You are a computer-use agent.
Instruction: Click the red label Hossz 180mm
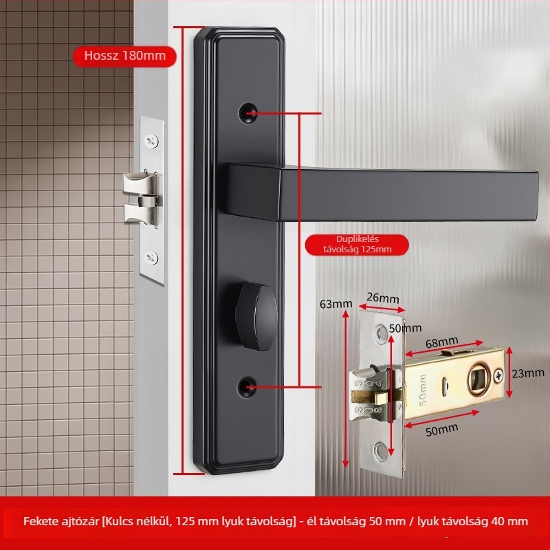[x=124, y=56]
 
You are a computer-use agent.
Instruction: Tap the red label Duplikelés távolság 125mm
[x=357, y=245]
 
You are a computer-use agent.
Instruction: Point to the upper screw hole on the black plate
[x=247, y=113]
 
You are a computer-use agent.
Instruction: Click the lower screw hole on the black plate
[x=247, y=386]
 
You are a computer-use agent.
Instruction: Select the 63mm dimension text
[x=335, y=304]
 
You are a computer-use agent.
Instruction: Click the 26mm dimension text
[x=383, y=298]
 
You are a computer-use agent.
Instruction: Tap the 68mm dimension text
[x=442, y=342]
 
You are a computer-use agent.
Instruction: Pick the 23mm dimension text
[x=528, y=373]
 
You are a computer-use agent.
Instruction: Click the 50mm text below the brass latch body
[x=442, y=430]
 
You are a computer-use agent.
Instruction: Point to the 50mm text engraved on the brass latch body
[x=423, y=390]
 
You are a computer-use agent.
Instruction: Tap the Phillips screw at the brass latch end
[x=498, y=375]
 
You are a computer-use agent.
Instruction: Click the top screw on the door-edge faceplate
[x=151, y=141]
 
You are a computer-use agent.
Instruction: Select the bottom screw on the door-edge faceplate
[x=151, y=258]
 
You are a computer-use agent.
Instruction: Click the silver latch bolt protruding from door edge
[x=140, y=197]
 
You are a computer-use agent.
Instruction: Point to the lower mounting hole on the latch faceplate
[x=382, y=451]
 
